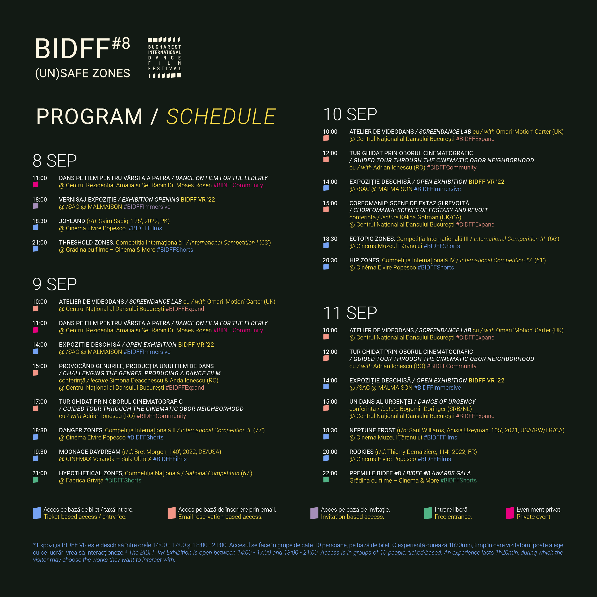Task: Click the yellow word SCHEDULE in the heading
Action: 221,116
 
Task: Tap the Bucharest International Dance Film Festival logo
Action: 164,58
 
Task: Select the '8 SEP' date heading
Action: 55,161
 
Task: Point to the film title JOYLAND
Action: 72,221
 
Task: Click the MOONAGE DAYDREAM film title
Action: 90,452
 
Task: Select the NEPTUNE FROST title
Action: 372,430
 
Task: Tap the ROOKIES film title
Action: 361,452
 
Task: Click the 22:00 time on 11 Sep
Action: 330,473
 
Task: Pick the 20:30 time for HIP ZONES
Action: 330,260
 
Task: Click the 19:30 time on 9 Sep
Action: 40,452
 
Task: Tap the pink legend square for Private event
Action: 510,513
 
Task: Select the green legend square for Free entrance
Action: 428,513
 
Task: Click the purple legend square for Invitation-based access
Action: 314,513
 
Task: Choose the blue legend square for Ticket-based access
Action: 37,513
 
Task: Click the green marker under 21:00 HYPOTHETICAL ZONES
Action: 36,480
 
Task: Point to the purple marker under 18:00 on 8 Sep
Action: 36,206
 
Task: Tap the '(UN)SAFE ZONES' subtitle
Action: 83,73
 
